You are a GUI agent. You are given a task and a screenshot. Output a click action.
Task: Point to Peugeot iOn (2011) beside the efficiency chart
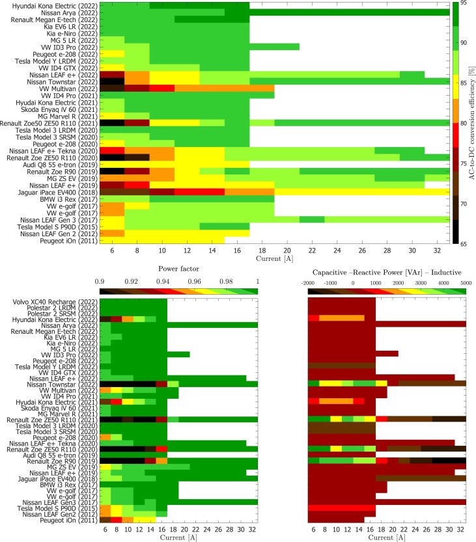coord(71,240)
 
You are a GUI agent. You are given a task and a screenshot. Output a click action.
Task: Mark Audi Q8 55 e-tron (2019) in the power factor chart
coord(59,437)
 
